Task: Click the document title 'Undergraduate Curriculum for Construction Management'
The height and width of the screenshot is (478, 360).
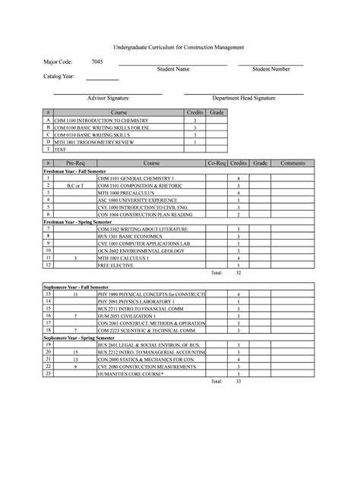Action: [x=179, y=47]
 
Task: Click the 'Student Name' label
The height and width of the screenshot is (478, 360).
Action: [x=173, y=69]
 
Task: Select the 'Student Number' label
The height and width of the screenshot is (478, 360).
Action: [x=271, y=69]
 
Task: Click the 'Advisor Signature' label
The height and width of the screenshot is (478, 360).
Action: [x=108, y=99]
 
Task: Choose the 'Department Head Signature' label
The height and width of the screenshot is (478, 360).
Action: [x=244, y=99]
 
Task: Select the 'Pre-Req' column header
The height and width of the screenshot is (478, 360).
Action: [x=75, y=163]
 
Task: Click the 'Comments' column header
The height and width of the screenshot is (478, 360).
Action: [x=292, y=163]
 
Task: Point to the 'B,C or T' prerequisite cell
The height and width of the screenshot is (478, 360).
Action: [x=75, y=185]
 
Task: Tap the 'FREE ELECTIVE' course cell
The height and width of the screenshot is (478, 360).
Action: [x=115, y=264]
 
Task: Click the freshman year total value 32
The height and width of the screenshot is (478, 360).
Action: [x=238, y=272]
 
